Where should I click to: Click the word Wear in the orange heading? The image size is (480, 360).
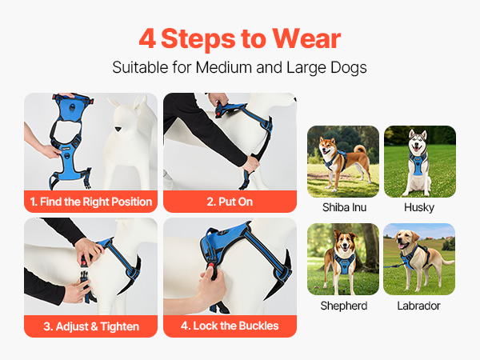[x=306, y=38]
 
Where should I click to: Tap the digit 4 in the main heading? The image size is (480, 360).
[x=147, y=38]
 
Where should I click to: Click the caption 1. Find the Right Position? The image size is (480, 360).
[x=91, y=202]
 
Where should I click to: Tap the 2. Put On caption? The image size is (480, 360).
[x=230, y=202]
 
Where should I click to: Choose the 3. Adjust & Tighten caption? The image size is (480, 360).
[x=91, y=326]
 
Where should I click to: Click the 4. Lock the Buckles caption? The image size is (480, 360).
[x=230, y=326]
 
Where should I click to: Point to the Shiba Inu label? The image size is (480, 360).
[x=344, y=207]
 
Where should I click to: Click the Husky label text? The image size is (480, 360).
[x=419, y=207]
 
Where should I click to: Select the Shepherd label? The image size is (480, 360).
[x=344, y=306]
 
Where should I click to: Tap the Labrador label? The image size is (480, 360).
[x=418, y=306]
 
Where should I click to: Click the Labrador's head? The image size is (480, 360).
[x=406, y=238]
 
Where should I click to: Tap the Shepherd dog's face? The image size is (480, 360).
[x=345, y=242]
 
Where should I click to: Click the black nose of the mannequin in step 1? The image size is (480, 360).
[x=118, y=129]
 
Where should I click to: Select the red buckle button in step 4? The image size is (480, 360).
[x=210, y=266]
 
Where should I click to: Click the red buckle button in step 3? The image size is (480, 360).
[x=83, y=262]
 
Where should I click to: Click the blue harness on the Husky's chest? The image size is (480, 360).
[x=417, y=166]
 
